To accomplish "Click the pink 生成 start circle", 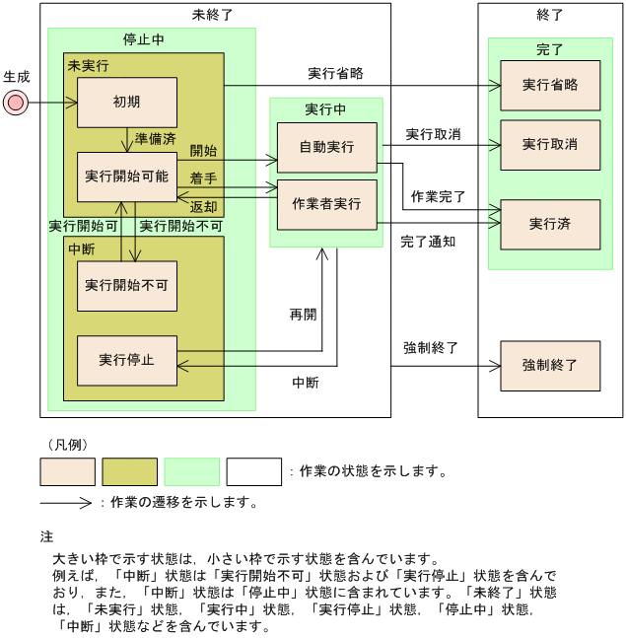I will click(16, 101).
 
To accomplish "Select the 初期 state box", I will click(127, 103).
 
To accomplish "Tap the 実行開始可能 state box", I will click(127, 176).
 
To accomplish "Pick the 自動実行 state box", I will click(326, 147).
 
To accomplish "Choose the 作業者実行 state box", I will click(326, 204).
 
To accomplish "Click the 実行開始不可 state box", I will click(127, 285).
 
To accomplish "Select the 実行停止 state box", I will click(127, 360).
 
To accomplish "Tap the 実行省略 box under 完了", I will click(549, 85).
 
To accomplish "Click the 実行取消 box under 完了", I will click(549, 144).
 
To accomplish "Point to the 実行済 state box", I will click(549, 224).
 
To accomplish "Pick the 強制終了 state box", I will click(549, 365).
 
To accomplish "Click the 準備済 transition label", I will click(155, 138).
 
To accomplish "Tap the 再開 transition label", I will click(303, 315).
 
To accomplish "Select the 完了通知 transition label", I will click(428, 242).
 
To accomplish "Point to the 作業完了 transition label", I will click(438, 196).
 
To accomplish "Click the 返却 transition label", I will click(203, 206).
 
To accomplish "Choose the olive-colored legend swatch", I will click(129, 471).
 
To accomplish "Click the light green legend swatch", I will click(191, 471).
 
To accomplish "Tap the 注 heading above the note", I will click(46, 537).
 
